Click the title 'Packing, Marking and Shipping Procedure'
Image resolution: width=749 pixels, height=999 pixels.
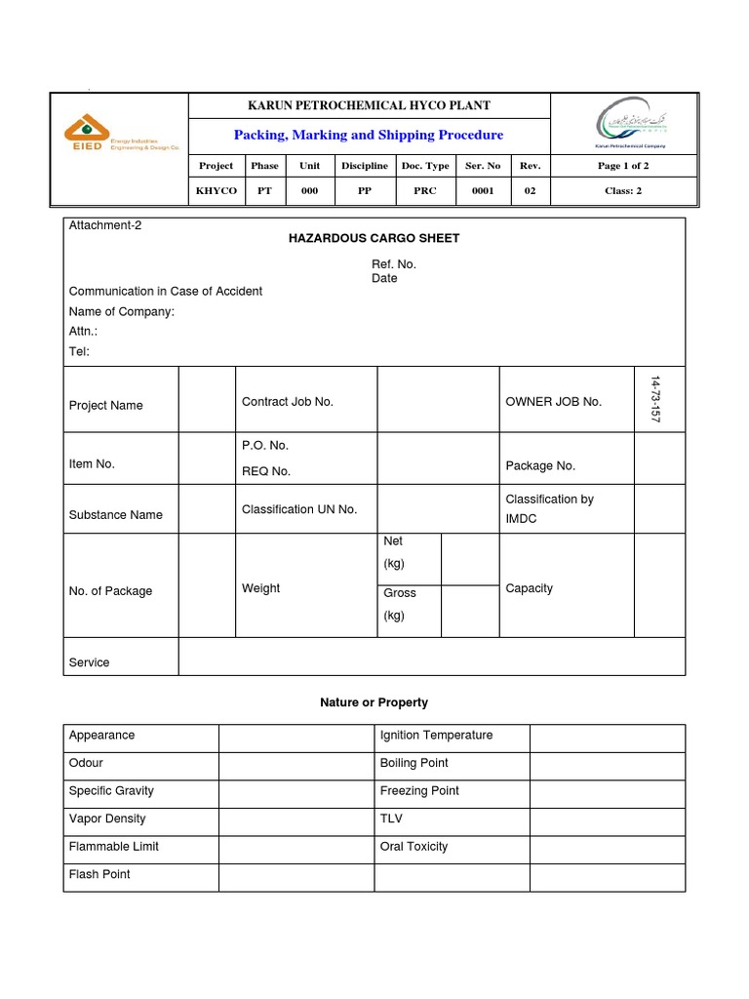coord(369,135)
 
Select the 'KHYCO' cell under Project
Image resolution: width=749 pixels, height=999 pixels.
coord(216,191)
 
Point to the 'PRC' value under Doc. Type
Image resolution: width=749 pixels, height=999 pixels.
coord(425,191)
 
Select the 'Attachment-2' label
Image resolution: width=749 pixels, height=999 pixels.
coord(105,225)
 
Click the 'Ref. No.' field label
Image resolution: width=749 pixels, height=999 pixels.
coord(394,264)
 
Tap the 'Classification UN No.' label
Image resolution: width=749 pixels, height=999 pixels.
coord(299,509)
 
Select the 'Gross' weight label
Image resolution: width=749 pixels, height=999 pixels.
coord(400,593)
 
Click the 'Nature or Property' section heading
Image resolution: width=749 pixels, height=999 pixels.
coord(374,702)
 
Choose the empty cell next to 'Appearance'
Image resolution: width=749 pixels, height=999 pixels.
coord(296,738)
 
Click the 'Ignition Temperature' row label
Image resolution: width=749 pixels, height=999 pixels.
coord(436,736)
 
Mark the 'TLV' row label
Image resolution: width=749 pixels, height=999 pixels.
coord(391,819)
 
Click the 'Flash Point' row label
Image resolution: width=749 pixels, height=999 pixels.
coord(99,874)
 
